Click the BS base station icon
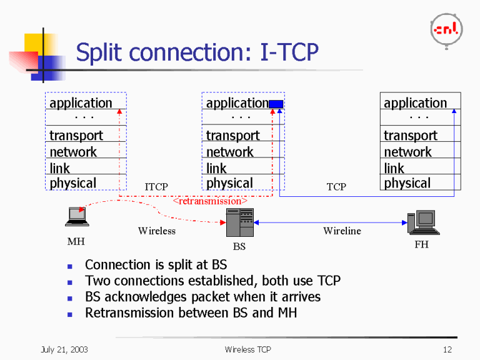239,222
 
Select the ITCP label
156,187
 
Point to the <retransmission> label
209,201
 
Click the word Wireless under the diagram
156,231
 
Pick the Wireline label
342,231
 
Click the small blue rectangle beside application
276,104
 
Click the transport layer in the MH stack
76,135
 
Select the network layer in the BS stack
229,152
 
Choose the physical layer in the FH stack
407,183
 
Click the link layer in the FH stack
394,168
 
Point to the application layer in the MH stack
81,103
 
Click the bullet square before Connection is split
71,265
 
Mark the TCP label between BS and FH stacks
336,187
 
